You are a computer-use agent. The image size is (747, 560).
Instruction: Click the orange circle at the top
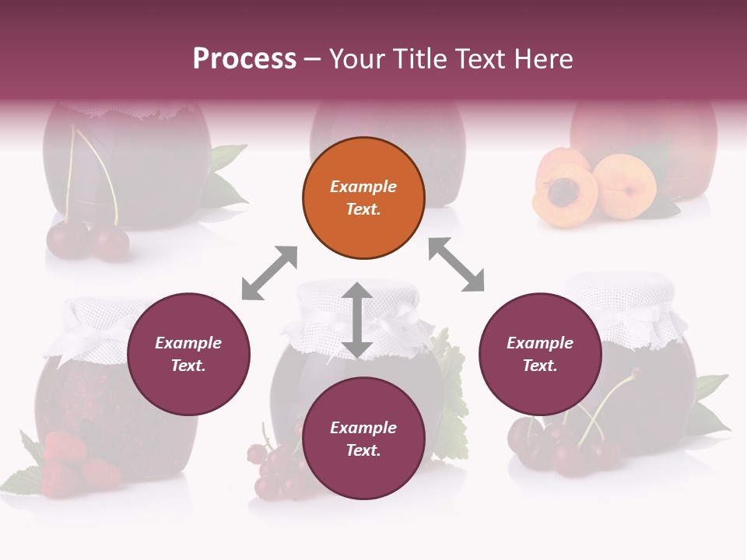tap(363, 198)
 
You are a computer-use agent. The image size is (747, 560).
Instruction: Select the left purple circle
tap(188, 355)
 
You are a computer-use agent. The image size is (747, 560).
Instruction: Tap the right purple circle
tap(540, 355)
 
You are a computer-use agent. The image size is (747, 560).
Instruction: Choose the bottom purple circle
tap(363, 439)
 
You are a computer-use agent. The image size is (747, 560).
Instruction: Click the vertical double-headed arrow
tap(356, 320)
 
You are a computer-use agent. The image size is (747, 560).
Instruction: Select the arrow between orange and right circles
tap(457, 264)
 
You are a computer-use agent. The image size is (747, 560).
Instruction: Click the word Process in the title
tap(244, 59)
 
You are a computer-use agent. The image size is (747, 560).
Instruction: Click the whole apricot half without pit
tap(624, 186)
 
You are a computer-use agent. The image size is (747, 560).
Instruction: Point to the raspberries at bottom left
tap(74, 463)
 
